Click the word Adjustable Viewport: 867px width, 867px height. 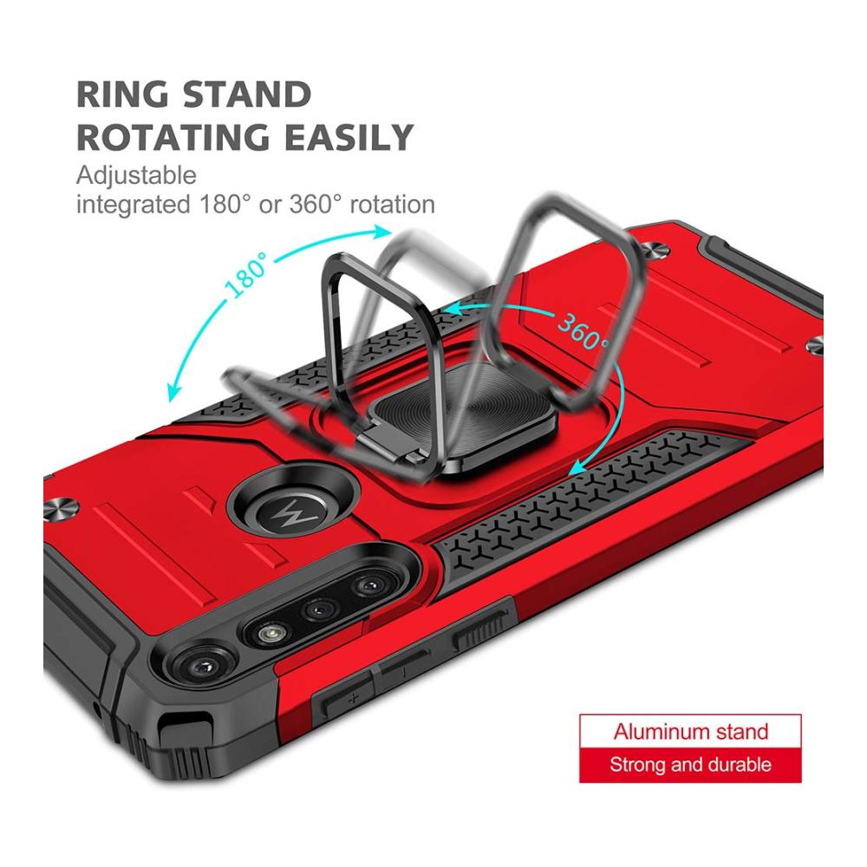coord(136,176)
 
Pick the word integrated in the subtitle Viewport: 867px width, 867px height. coord(133,205)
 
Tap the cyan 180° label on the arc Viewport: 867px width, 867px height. coord(246,276)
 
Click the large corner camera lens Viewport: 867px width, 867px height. coord(203,665)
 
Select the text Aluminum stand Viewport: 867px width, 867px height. coord(691,732)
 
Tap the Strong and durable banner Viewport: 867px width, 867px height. coord(691,765)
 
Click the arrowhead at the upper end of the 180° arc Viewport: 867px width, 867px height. coord(381,231)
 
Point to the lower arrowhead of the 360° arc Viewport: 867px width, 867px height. coord(577,466)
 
